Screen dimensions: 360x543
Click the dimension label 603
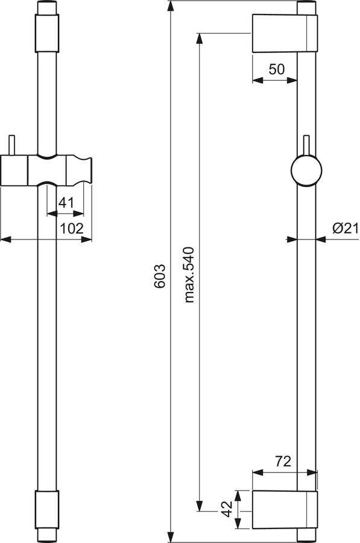tap(160, 276)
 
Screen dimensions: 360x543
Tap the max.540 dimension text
tap(190, 275)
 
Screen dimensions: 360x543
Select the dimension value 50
tap(277, 69)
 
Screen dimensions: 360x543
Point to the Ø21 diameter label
tap(346, 228)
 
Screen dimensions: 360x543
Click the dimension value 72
tap(283, 462)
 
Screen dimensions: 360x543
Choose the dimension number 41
tap(66, 202)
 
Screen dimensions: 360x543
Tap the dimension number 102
tap(72, 228)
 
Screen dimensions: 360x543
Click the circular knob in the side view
tap(306, 170)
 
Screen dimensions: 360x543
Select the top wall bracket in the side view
tap(285, 33)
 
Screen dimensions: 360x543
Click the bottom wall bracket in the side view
tap(285, 509)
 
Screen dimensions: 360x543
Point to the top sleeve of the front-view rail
tap(46, 33)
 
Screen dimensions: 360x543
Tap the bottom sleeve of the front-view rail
tap(46, 509)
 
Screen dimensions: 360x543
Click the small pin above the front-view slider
tap(12, 145)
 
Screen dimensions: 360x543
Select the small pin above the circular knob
tap(306, 145)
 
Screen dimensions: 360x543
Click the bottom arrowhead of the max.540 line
tap(199, 506)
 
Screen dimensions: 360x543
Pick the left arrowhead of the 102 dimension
tap(6, 239)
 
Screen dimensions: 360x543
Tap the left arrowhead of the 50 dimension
tap(257, 80)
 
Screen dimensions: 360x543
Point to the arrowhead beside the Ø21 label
tap(321, 239)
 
